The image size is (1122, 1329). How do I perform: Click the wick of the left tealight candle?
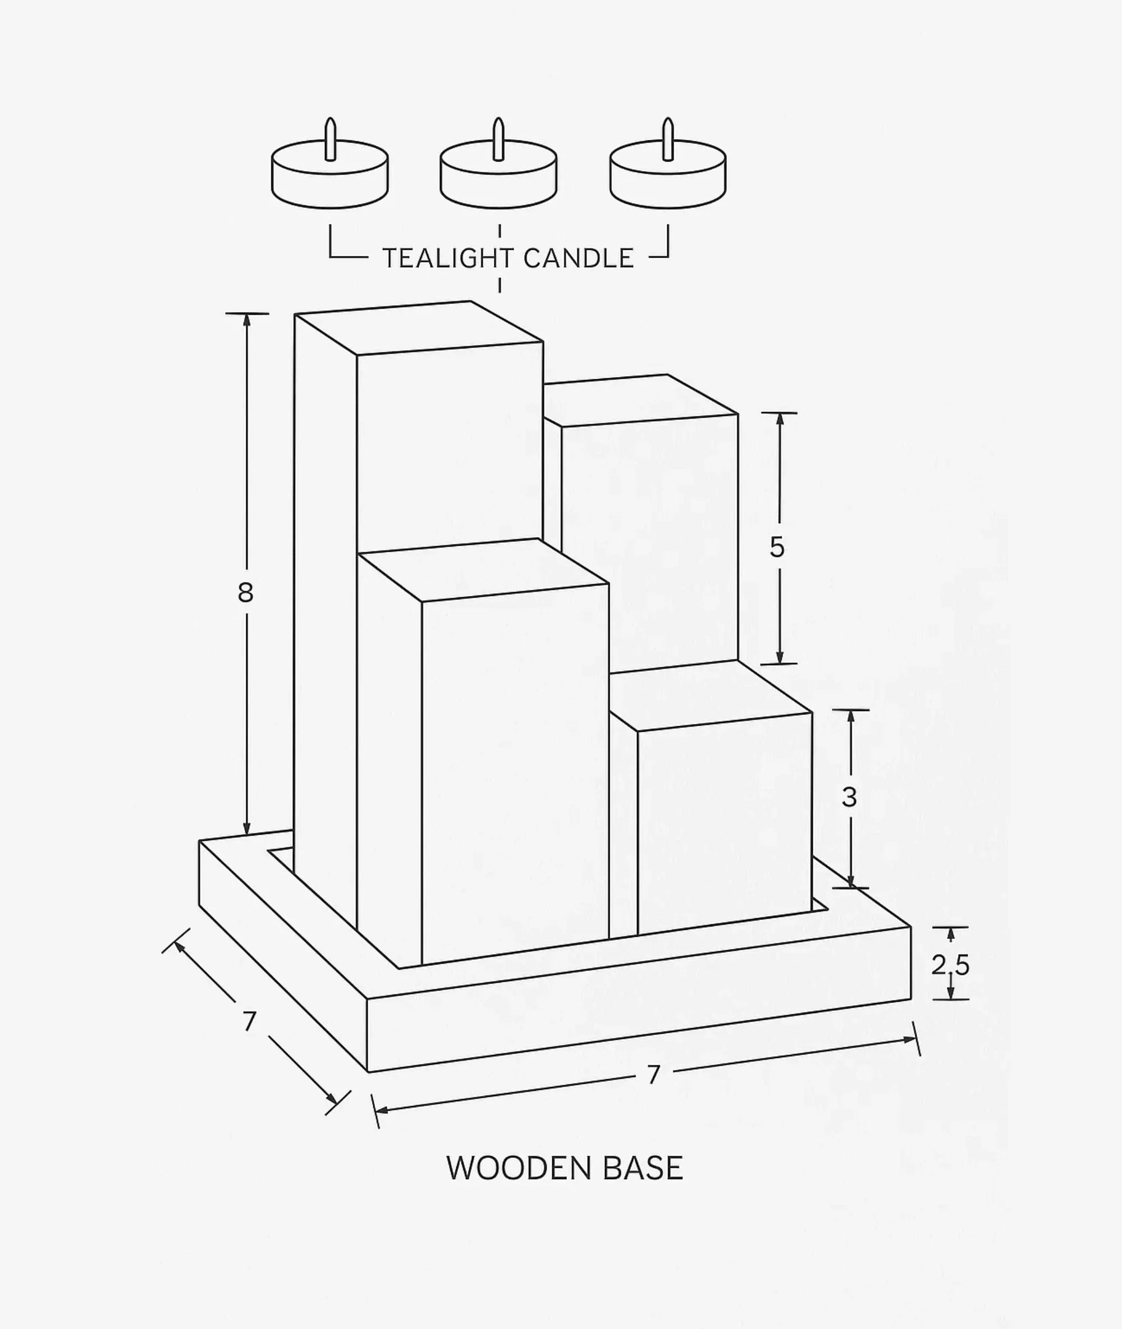tap(329, 139)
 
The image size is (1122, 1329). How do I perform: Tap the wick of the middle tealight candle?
tap(498, 139)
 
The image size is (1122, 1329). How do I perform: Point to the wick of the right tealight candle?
tap(667, 139)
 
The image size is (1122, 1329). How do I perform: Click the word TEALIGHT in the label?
tap(448, 258)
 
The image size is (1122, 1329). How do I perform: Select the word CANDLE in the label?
tap(579, 258)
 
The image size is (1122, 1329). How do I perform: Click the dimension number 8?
tap(245, 593)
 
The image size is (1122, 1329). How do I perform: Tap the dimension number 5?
tap(777, 547)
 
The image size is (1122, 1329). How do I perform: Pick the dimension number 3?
tap(849, 797)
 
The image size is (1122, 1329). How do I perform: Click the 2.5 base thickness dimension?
tap(950, 965)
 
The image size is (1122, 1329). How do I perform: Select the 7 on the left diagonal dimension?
tap(249, 1022)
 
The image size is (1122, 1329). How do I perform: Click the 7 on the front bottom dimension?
tap(654, 1075)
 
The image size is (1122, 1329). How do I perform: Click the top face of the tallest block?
tap(419, 328)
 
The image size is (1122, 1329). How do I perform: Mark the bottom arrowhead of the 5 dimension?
tap(779, 656)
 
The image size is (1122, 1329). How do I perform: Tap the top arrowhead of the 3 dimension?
tap(850, 718)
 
